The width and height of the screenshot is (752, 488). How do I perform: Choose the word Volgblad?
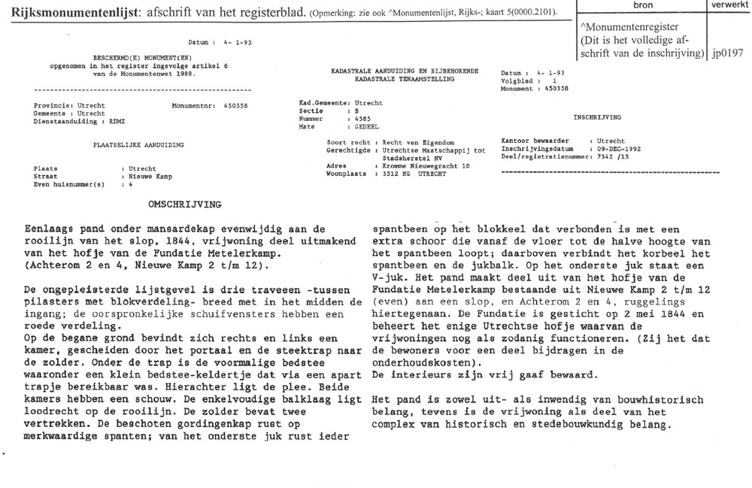517,80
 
